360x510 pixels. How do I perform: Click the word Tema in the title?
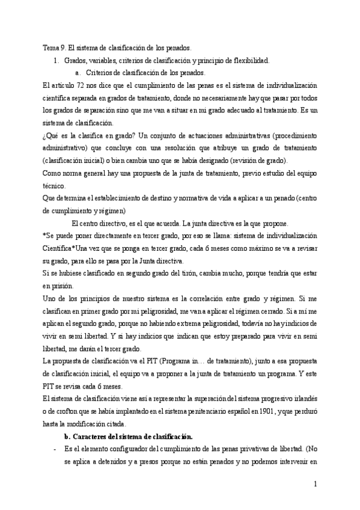click(x=52, y=47)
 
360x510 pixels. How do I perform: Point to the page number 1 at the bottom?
click(x=316, y=484)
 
